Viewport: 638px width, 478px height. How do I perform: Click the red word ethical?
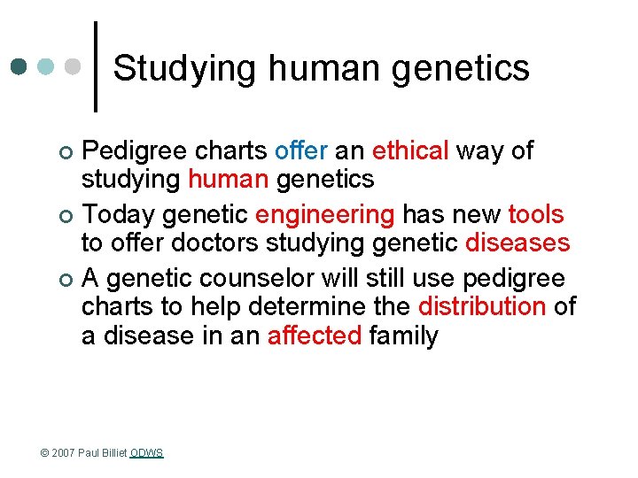[x=410, y=150]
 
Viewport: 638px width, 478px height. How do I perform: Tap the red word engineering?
[x=324, y=214]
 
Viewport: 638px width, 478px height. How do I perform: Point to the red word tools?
[x=536, y=214]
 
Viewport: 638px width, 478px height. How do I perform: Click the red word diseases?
[x=517, y=243]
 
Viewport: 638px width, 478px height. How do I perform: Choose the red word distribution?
[x=481, y=307]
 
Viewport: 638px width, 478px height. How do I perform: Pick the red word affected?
[x=315, y=335]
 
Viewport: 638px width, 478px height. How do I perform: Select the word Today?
[x=120, y=214]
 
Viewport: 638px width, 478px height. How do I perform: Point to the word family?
[x=404, y=335]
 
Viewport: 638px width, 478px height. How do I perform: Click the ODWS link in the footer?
[x=147, y=453]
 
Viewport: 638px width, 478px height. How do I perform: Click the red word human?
[x=229, y=179]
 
